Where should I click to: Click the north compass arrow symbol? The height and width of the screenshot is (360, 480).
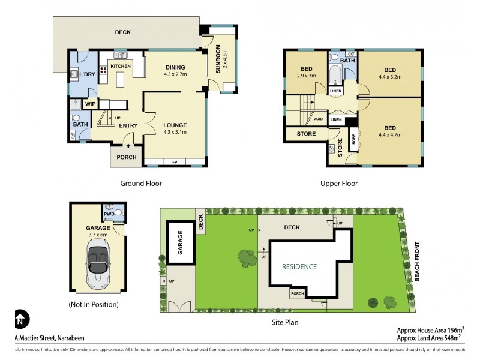click(x=20, y=317)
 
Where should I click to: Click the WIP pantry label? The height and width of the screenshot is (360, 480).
click(x=91, y=104)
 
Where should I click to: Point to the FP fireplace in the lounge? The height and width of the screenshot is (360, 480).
click(x=175, y=163)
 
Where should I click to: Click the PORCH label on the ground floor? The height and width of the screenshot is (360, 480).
click(x=127, y=157)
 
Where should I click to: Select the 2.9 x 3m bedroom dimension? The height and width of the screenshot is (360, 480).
click(x=307, y=76)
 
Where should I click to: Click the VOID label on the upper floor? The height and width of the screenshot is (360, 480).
click(x=319, y=119)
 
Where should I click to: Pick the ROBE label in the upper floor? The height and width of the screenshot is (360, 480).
click(x=353, y=140)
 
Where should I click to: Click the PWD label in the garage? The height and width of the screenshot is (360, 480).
click(x=109, y=213)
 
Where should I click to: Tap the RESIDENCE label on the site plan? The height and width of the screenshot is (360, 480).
click(x=299, y=266)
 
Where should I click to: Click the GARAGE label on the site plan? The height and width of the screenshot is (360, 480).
click(x=179, y=246)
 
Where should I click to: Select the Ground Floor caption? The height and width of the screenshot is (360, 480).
click(x=141, y=184)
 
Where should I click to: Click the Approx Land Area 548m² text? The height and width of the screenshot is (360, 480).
click(x=431, y=338)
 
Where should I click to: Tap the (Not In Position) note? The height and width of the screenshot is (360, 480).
click(x=94, y=304)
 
